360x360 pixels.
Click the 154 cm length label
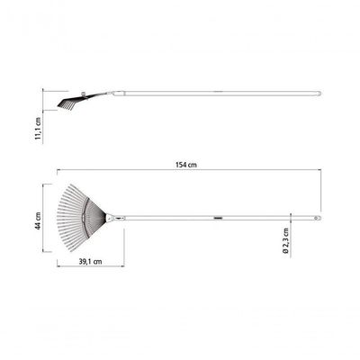point(186,165)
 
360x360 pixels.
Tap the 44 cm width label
point(38,220)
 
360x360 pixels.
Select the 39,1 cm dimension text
point(90,262)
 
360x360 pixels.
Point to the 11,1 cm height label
point(38,129)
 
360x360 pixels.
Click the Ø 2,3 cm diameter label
point(286,241)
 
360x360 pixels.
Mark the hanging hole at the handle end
point(317,218)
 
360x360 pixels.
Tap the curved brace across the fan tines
point(84,218)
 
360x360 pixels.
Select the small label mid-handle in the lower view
point(218,218)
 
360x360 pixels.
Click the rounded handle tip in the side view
point(319,94)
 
